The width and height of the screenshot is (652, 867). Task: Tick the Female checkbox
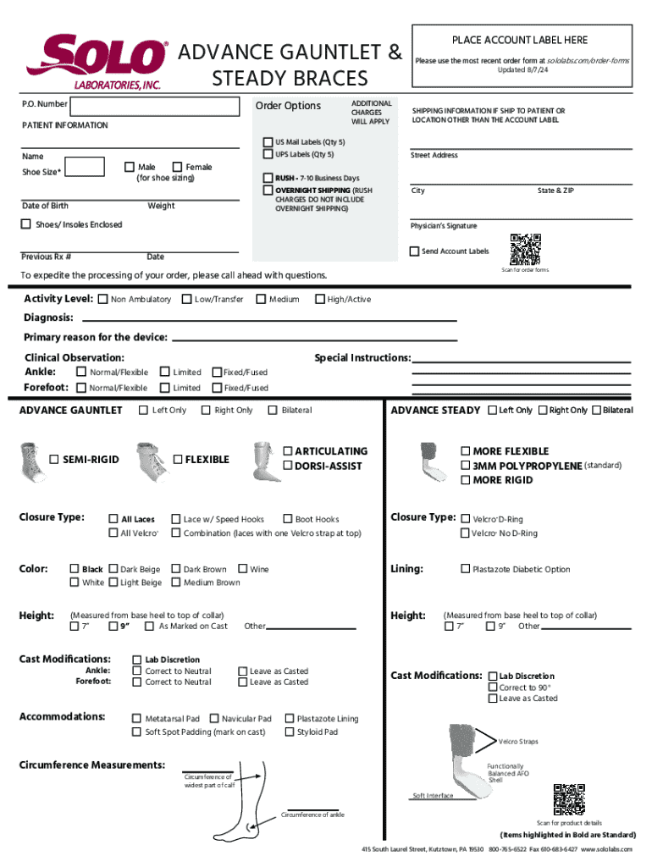(x=177, y=167)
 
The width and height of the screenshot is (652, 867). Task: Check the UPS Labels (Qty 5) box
(x=268, y=155)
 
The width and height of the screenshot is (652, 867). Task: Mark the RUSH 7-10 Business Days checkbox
(x=268, y=178)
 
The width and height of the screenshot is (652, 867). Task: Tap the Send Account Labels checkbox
(x=414, y=251)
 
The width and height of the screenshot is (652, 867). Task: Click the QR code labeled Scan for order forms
(x=525, y=249)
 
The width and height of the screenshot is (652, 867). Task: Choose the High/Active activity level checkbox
(x=320, y=299)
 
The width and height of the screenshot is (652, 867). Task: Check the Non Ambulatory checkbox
(x=103, y=299)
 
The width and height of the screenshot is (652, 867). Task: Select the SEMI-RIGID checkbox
(x=54, y=460)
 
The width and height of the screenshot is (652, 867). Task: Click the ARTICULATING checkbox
(x=288, y=451)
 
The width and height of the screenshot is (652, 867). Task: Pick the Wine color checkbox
(x=243, y=570)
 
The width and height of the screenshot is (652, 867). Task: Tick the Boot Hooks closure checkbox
(x=288, y=519)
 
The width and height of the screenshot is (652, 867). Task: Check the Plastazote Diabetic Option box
(x=465, y=570)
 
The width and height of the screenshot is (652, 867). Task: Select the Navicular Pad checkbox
(x=214, y=719)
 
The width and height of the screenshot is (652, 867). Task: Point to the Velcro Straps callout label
(x=518, y=742)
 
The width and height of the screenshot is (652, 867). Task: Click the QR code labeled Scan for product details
(x=569, y=800)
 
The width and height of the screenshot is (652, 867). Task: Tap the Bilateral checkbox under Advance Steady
(x=596, y=411)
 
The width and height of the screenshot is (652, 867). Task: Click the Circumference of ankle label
(x=312, y=815)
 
